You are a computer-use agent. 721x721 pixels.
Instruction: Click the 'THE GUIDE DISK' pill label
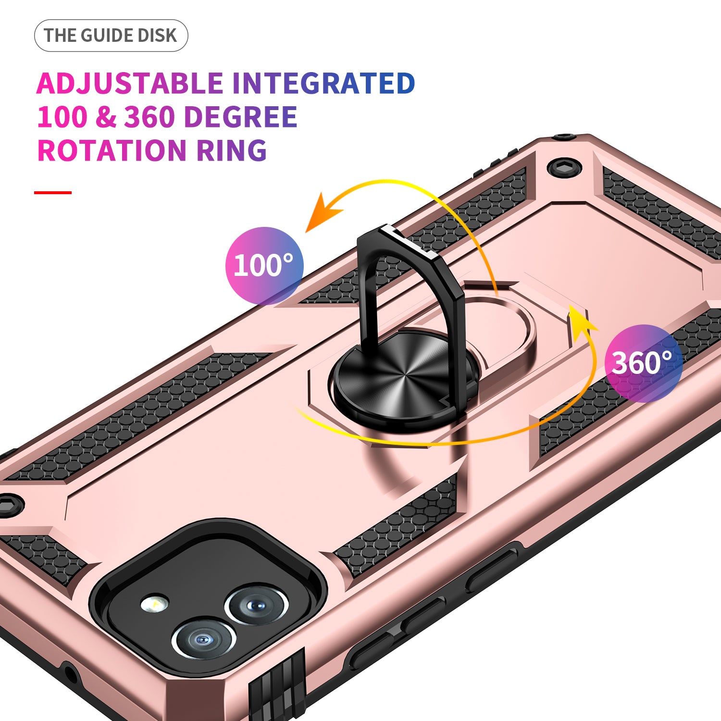pyautogui.click(x=111, y=36)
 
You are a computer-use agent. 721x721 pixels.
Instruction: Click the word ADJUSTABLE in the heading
pyautogui.click(x=130, y=84)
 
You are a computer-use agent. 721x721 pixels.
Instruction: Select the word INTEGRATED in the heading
pyautogui.click(x=323, y=84)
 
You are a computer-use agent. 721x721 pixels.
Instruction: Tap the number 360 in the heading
pyautogui.click(x=149, y=117)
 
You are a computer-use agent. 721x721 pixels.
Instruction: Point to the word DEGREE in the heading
pyautogui.click(x=240, y=117)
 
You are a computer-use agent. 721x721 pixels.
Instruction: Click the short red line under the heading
pyautogui.click(x=53, y=193)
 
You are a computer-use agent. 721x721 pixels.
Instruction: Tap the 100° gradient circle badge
pyautogui.click(x=264, y=265)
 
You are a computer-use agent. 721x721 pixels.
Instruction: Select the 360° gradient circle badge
pyautogui.click(x=643, y=363)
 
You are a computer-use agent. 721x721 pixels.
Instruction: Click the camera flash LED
pyautogui.click(x=155, y=604)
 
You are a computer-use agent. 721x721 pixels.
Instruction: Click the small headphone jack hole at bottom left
pyautogui.click(x=70, y=673)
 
